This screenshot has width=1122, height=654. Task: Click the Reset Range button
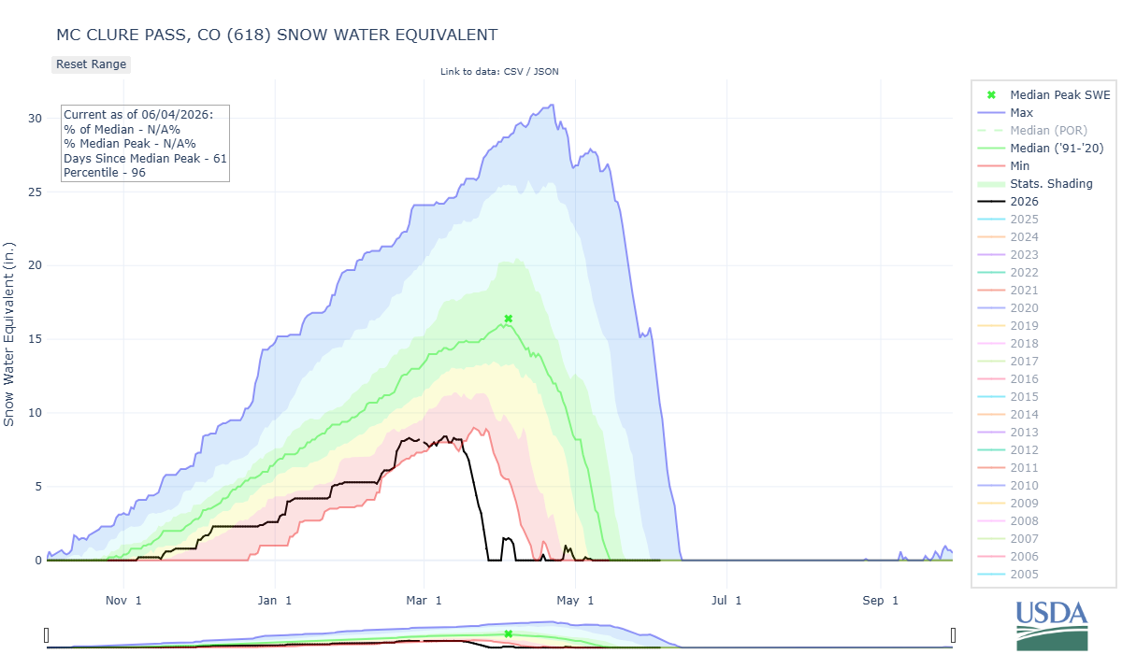coord(92,64)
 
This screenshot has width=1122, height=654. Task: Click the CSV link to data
coord(513,72)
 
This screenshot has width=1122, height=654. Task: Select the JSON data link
coord(546,72)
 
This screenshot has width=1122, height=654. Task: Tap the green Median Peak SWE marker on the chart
coord(509,319)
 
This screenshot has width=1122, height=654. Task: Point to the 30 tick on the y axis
coord(36,119)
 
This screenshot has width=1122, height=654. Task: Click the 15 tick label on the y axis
coord(36,339)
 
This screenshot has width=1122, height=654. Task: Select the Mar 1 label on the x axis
coord(424,601)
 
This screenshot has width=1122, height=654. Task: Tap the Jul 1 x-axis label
coord(726,601)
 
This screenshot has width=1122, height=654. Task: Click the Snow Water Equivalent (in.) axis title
coord(9,334)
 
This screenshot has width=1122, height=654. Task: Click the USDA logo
coord(1052,625)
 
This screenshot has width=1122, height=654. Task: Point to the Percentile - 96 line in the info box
coord(105,173)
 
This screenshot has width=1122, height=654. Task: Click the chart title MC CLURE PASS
coord(277,35)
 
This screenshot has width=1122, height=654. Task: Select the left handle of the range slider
coord(47,635)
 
